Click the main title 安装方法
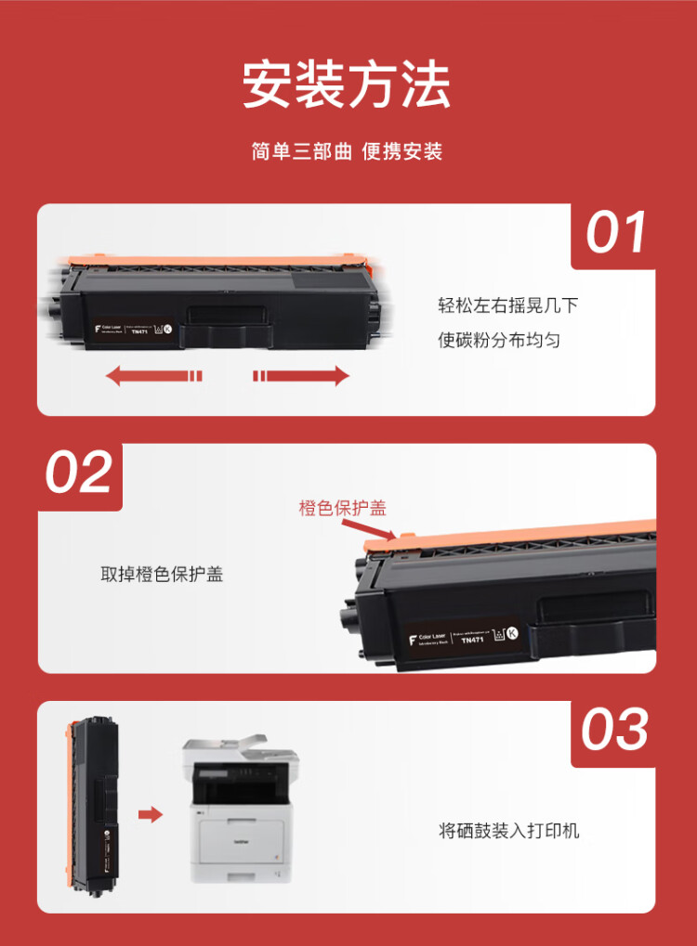point(347,85)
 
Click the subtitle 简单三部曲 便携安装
point(347,151)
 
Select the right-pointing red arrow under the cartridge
point(301,375)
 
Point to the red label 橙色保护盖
point(342,508)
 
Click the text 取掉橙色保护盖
point(162,575)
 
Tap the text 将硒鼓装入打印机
point(508,830)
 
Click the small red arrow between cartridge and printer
point(150,814)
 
